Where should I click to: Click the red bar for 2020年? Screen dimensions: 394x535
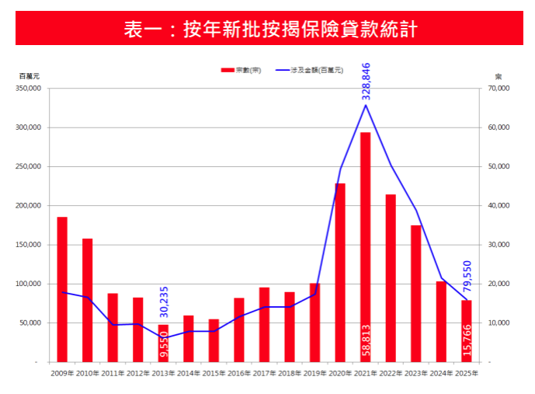click(340, 272)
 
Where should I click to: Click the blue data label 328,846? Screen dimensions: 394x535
click(367, 82)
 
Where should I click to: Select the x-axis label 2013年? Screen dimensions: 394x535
click(163, 374)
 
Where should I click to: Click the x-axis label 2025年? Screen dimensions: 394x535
click(466, 374)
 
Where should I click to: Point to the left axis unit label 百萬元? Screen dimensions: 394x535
click(30, 76)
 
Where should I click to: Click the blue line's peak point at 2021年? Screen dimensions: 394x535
click(366, 105)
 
